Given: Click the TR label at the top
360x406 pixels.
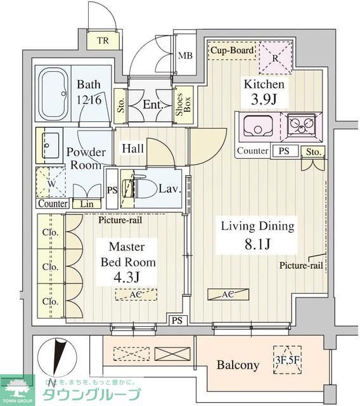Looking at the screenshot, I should click(x=103, y=42).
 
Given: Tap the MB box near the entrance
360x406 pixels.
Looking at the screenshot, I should click(x=185, y=55).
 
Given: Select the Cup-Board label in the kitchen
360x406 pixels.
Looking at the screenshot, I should click(x=233, y=50).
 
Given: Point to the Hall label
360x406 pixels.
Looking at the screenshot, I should click(x=133, y=148).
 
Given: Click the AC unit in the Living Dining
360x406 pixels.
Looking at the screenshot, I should click(x=228, y=294).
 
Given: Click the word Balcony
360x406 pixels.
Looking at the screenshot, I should click(x=238, y=365).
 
